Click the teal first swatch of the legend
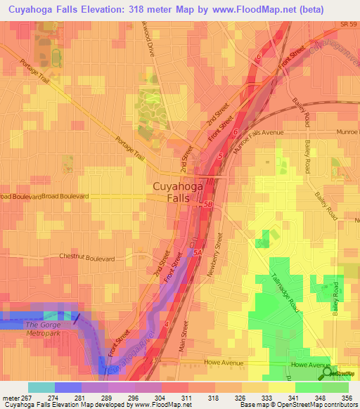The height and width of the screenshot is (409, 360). tap(41, 387)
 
